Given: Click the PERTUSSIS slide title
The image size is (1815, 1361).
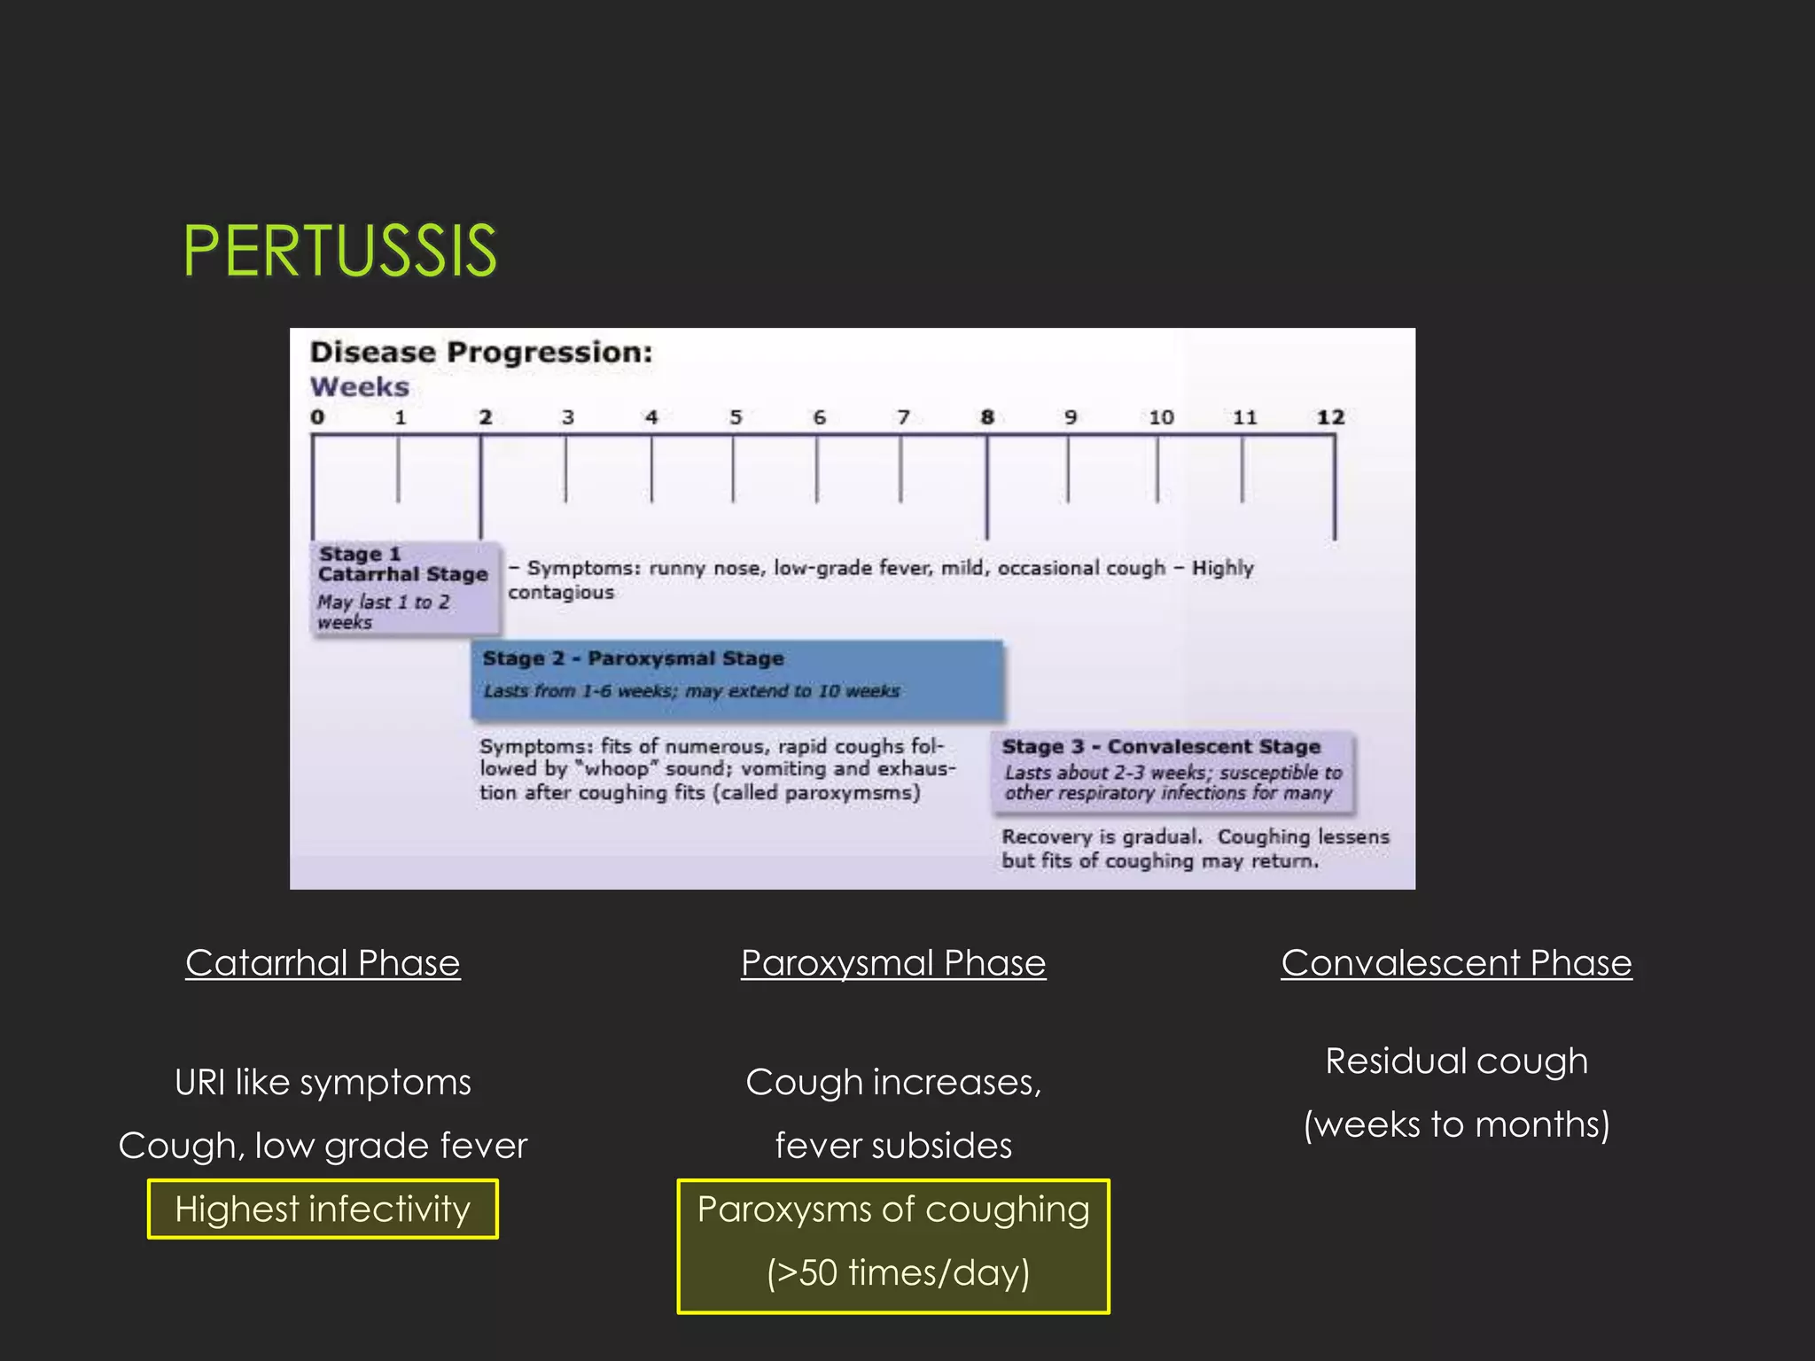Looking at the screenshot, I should (339, 252).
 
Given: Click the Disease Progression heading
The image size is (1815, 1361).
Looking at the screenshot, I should (481, 353).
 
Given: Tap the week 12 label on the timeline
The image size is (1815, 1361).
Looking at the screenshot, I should (1330, 417).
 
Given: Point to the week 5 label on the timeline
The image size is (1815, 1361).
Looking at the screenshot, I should (736, 417).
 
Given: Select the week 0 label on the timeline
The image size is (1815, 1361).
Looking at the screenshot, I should (317, 417).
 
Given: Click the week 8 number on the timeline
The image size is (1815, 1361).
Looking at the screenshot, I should (987, 417).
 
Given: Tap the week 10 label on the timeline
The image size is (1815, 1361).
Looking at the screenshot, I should (1161, 417).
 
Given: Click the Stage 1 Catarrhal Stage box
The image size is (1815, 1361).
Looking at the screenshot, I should (404, 587).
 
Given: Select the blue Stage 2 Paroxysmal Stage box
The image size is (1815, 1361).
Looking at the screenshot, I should (736, 679).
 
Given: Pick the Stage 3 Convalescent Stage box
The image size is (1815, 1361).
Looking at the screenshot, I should (1172, 770).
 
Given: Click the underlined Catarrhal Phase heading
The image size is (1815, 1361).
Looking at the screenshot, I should (323, 963).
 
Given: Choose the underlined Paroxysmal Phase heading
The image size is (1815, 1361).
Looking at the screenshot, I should (893, 963).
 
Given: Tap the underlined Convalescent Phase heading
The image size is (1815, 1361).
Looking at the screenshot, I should (1456, 963).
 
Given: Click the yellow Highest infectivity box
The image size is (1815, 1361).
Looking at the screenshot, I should (323, 1209).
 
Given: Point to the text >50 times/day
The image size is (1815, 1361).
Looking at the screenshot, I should (898, 1272).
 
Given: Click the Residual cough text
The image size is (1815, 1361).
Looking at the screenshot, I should (1456, 1062).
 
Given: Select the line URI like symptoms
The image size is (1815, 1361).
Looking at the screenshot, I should (323, 1083).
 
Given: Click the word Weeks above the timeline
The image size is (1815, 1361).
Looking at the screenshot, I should (359, 387).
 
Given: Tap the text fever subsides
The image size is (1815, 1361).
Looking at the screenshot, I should (893, 1146).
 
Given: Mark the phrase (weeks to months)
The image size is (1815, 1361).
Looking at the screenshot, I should (1456, 1124).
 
